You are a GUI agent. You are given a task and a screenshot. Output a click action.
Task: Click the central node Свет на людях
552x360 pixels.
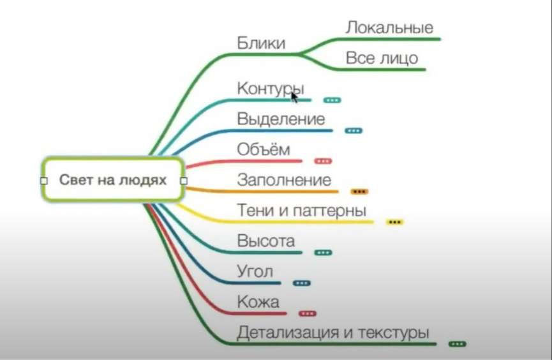click(x=113, y=180)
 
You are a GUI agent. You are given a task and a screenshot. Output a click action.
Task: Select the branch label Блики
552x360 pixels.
click(x=261, y=43)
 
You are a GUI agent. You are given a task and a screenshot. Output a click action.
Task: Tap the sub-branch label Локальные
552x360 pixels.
click(x=389, y=27)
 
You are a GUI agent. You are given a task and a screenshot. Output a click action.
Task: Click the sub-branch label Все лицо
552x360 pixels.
click(x=382, y=58)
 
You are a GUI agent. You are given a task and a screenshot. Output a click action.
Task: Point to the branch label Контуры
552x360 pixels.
click(x=271, y=89)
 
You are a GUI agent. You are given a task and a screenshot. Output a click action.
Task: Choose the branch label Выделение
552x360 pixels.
click(x=281, y=119)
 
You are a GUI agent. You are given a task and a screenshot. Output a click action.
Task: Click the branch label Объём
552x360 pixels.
click(x=264, y=149)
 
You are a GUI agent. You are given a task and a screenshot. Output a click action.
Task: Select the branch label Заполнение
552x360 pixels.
click(x=284, y=180)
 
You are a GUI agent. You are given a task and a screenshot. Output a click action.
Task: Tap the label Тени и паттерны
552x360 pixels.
click(x=301, y=210)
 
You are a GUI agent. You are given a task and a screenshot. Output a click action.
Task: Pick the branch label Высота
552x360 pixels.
click(x=266, y=241)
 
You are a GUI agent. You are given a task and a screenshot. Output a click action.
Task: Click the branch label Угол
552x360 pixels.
click(x=255, y=271)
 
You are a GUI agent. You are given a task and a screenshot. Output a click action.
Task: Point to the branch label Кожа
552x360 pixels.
click(x=258, y=302)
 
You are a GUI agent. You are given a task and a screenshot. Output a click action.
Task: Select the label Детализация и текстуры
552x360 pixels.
click(x=333, y=333)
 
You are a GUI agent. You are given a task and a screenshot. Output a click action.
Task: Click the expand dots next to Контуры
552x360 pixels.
click(x=332, y=100)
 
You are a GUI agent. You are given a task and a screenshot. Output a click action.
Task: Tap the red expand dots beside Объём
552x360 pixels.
click(x=323, y=161)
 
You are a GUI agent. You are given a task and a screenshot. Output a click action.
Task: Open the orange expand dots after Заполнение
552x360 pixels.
click(x=359, y=191)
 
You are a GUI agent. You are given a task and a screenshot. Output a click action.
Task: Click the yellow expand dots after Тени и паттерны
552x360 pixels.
click(x=394, y=222)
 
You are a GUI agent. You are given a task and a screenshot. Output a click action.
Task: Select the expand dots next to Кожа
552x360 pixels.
click(x=308, y=313)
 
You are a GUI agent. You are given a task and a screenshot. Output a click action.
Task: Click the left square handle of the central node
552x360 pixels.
click(x=44, y=181)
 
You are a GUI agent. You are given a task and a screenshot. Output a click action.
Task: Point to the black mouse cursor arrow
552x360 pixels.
click(x=294, y=97)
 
